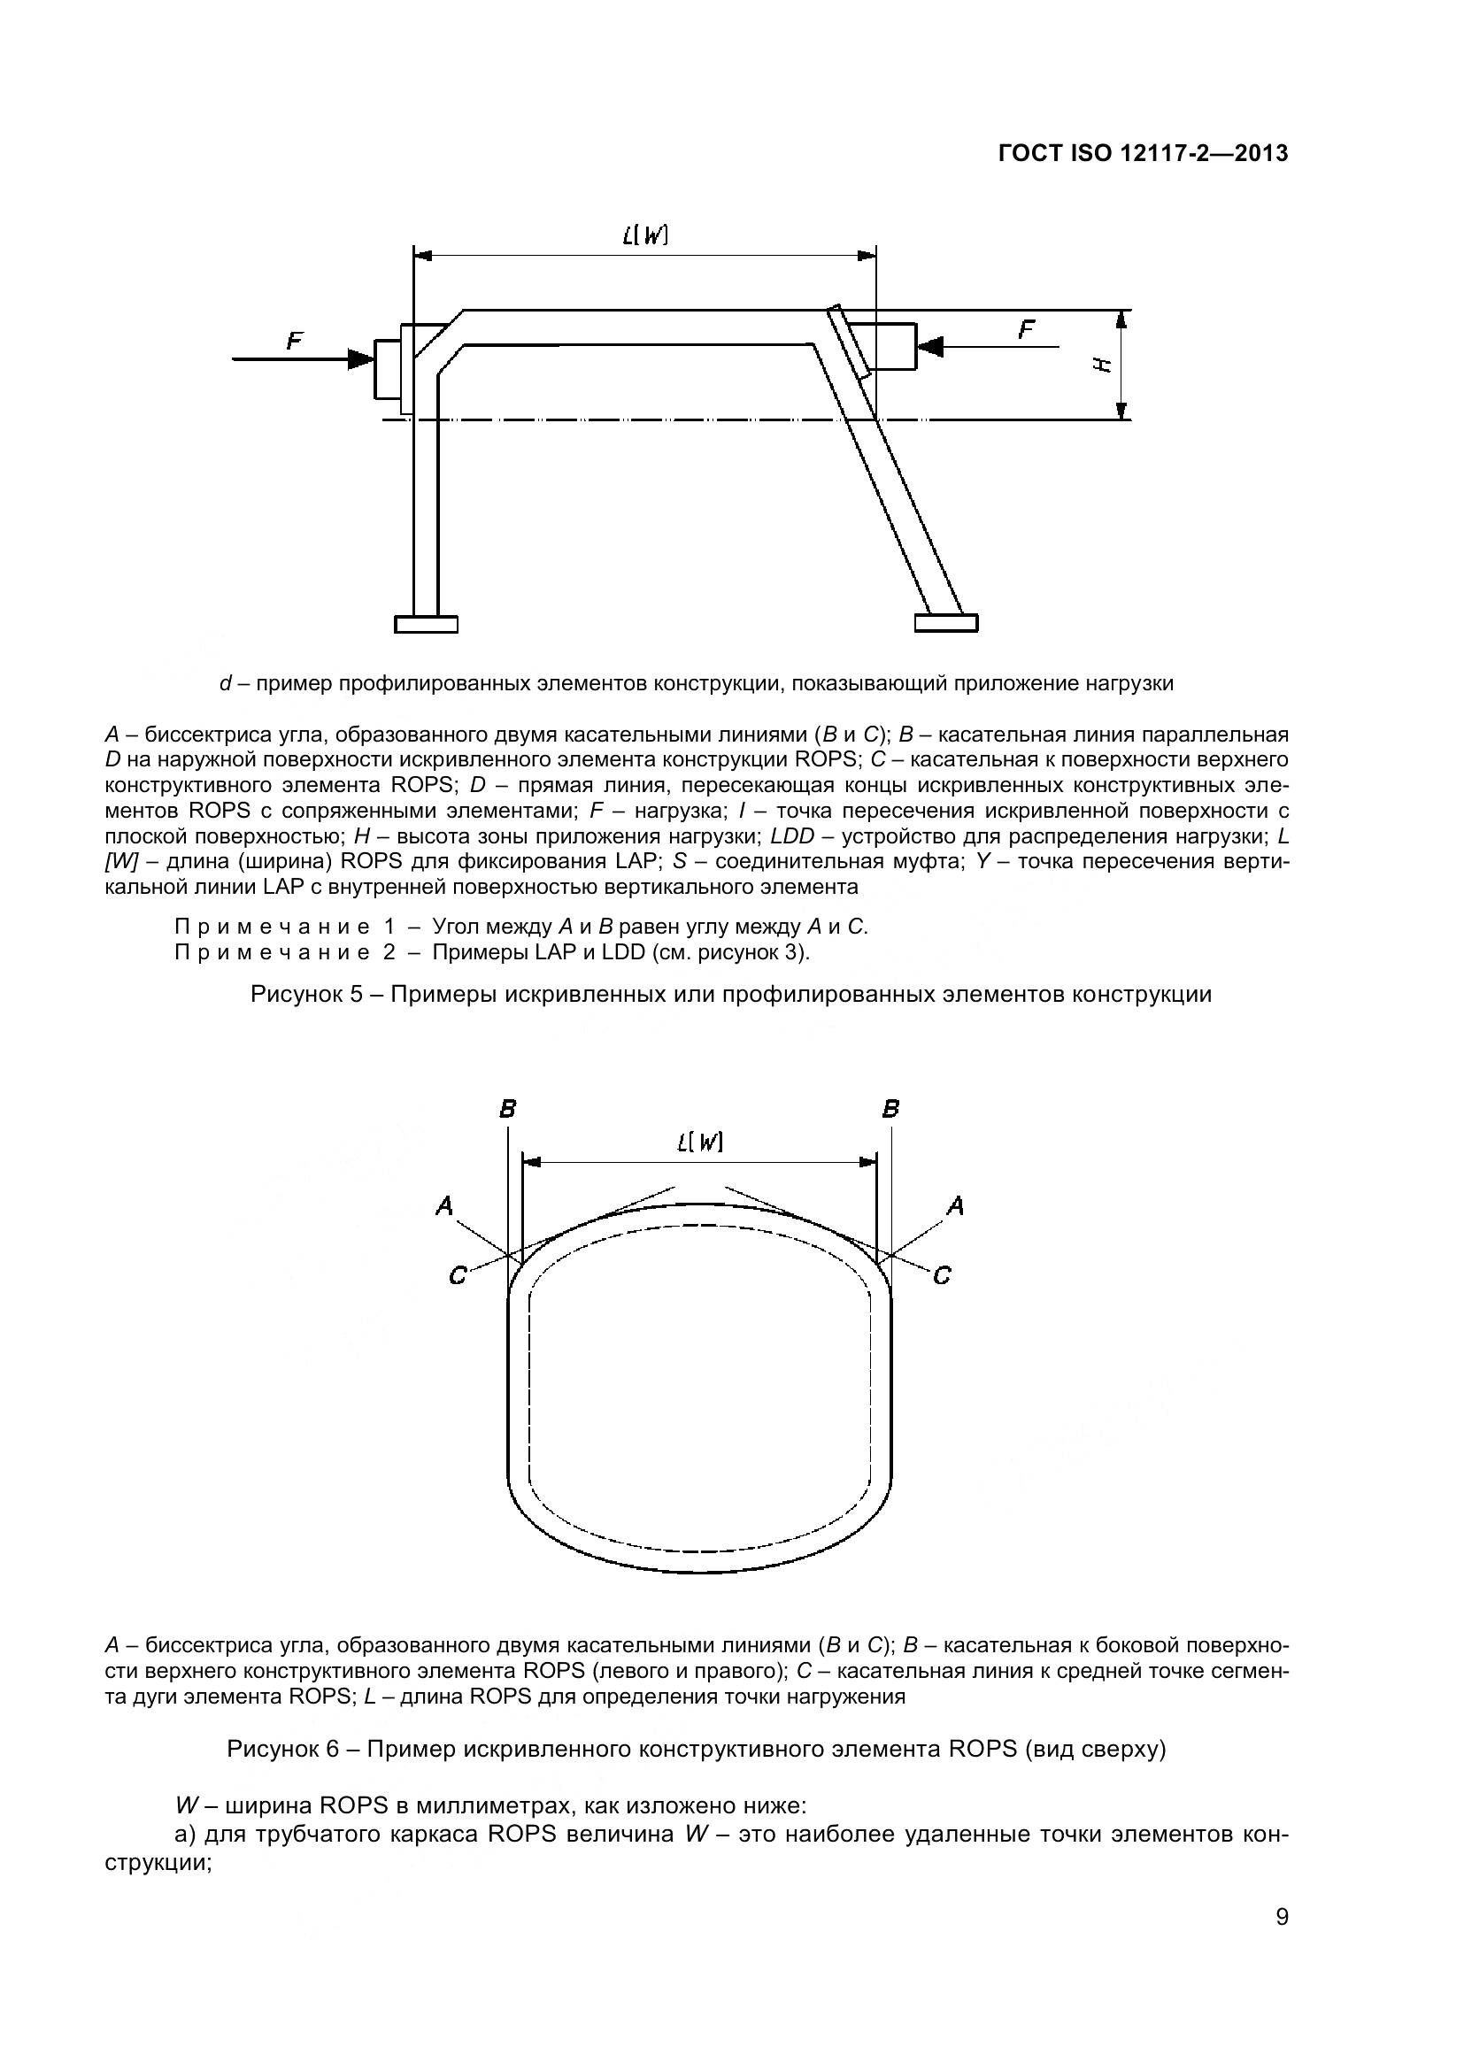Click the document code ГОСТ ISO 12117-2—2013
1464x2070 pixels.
tap(1143, 154)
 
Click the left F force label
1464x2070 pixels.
tap(295, 341)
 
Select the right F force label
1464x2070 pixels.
tap(1026, 330)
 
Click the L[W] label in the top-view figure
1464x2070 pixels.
tap(699, 1143)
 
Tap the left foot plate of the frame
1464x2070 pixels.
tap(427, 623)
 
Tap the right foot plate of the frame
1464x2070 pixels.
tap(945, 623)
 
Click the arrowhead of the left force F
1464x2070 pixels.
tap(362, 358)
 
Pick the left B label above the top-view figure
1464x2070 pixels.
tap(507, 1109)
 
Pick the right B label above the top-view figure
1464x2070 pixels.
tap(890, 1109)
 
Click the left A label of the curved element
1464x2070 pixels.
tap(443, 1205)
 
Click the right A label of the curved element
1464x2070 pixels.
tap(957, 1205)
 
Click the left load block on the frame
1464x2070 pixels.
tap(389, 370)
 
